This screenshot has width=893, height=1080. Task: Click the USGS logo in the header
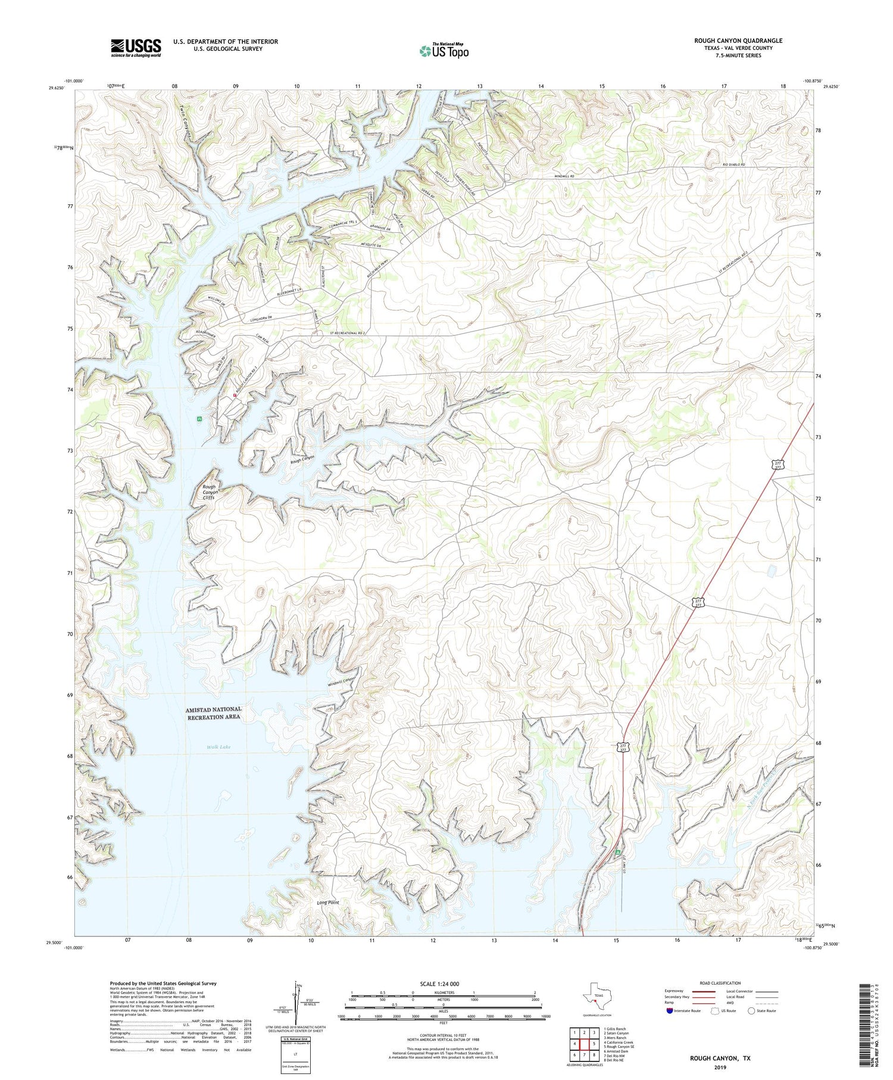click(x=136, y=48)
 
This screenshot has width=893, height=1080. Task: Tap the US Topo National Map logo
click(x=444, y=51)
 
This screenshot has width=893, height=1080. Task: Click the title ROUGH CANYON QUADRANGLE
click(x=738, y=41)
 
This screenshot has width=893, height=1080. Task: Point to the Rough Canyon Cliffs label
click(x=210, y=492)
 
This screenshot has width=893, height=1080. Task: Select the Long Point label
click(x=328, y=902)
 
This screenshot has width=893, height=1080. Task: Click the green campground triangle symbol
click(x=618, y=852)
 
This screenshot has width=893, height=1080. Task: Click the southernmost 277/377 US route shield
click(x=622, y=748)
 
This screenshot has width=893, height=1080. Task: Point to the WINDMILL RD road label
click(x=564, y=176)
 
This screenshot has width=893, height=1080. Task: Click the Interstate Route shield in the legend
click(x=671, y=1010)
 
